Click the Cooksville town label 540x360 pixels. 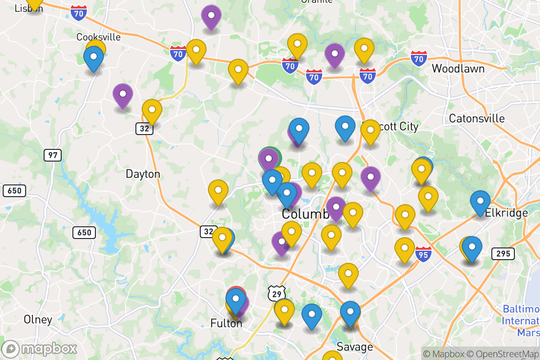99,37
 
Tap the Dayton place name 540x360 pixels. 143,174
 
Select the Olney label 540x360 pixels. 38,319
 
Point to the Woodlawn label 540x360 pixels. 458,69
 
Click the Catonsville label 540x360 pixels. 477,119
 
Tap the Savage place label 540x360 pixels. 355,346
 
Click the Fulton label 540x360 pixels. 226,323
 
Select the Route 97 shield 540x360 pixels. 53,155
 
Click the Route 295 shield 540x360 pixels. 503,253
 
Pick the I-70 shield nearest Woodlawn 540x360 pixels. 419,58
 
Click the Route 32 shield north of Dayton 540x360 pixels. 144,129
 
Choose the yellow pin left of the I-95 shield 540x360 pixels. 405,248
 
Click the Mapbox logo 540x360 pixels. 40,349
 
